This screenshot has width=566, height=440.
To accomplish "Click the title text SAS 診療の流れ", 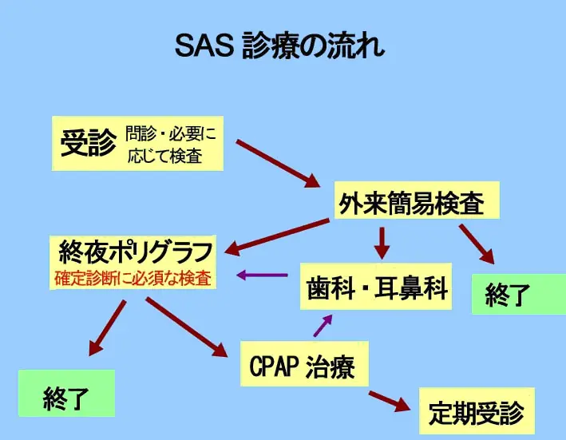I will pos(279,46).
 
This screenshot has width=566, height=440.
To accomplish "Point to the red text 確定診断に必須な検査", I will pos(133,279).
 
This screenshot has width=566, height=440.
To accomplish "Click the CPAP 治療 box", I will pos(303,367).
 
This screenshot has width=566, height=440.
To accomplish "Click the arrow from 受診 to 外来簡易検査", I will pos(277,163).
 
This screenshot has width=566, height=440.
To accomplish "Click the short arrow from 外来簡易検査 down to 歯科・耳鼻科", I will pos(382,242).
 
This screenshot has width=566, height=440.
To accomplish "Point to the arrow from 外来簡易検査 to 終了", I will pos(477,244).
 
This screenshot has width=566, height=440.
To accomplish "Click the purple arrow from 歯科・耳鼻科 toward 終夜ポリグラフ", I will pos(263,275).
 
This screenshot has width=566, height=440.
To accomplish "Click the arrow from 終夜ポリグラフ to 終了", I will pos(108,328).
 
